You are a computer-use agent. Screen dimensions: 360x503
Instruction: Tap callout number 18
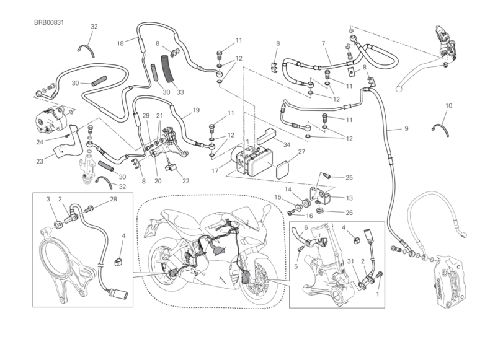tap(120, 43)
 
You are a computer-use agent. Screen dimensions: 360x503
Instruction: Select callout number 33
tap(180, 93)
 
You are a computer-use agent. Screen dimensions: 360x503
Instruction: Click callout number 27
tap(302, 151)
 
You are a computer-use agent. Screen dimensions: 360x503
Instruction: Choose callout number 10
tap(448, 107)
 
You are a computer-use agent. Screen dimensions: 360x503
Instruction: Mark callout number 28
tap(113, 199)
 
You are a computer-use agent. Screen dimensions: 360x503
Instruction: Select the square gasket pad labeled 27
tap(284, 168)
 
